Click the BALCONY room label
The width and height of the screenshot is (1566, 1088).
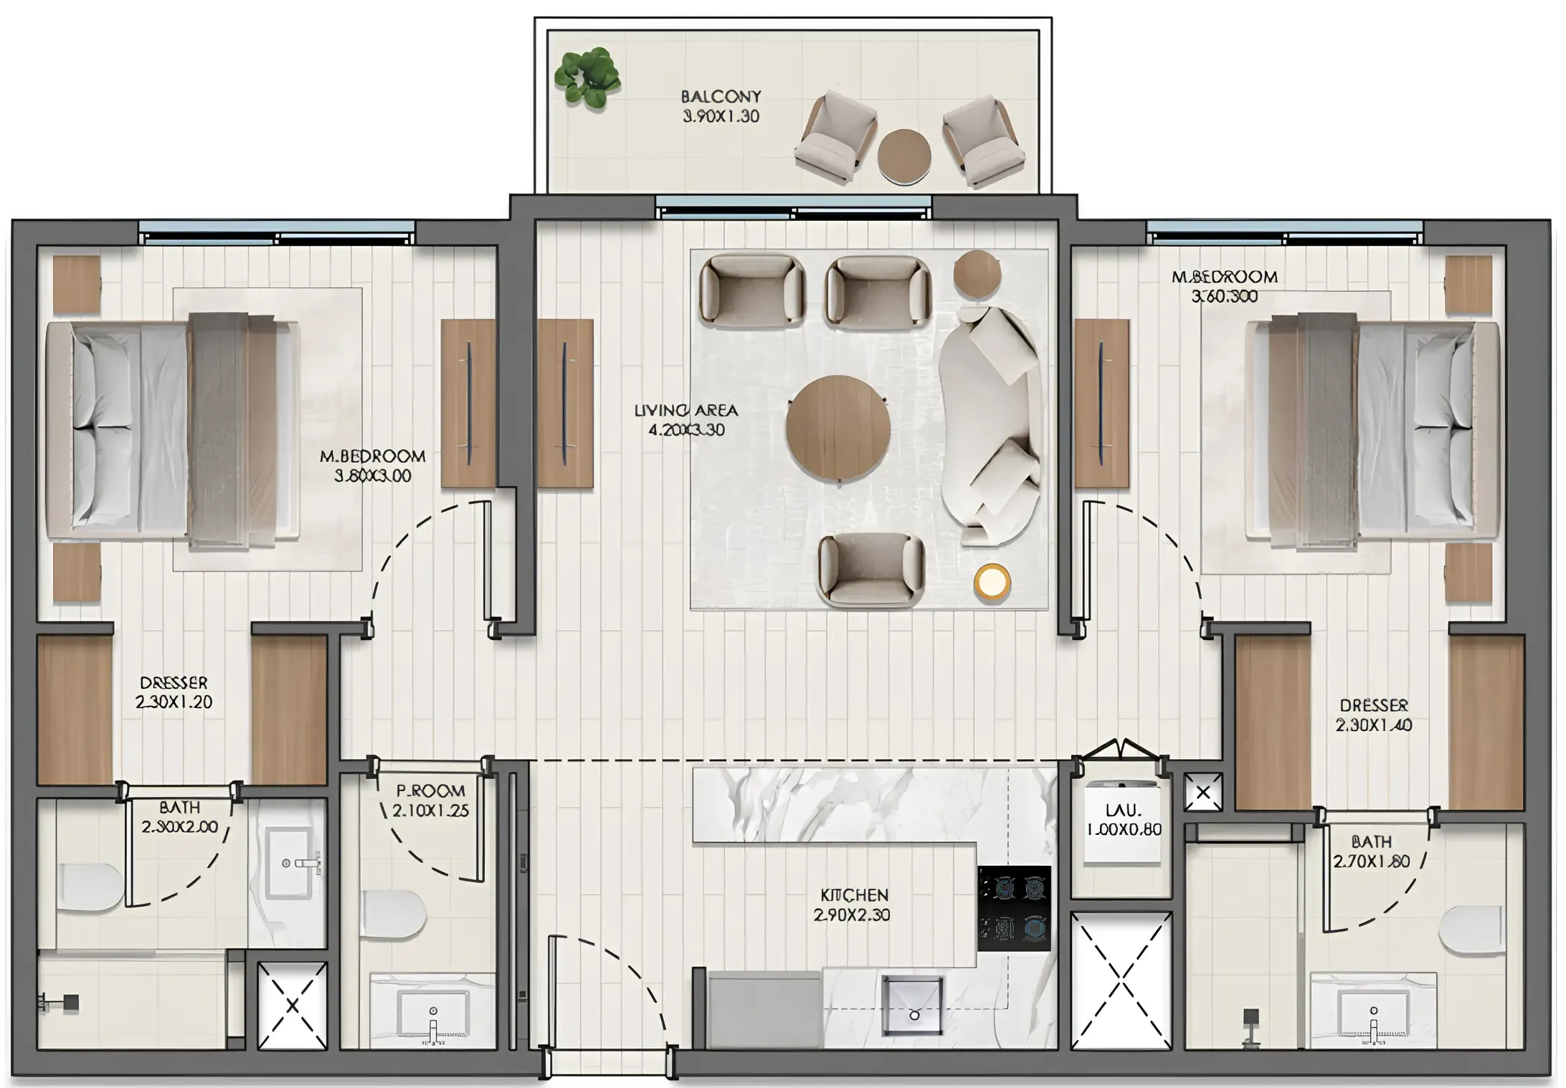[721, 106]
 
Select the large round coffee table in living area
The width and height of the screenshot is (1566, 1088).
[838, 426]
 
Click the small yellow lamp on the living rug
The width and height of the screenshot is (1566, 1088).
[992, 581]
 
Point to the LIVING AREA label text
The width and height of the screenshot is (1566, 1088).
[685, 420]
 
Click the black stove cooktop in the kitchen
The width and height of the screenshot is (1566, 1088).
[1014, 908]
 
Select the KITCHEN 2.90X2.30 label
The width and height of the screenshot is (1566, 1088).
[853, 905]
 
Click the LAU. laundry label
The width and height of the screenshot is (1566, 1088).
[1123, 819]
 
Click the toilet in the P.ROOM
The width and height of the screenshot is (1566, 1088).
[392, 914]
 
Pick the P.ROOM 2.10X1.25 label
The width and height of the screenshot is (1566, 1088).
[430, 801]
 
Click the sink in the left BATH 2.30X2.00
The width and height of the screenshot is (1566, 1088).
[289, 863]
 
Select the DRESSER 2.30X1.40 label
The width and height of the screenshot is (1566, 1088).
[1373, 715]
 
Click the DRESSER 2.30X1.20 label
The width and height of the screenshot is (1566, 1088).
[174, 692]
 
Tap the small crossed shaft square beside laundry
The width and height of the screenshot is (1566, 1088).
[1202, 792]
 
